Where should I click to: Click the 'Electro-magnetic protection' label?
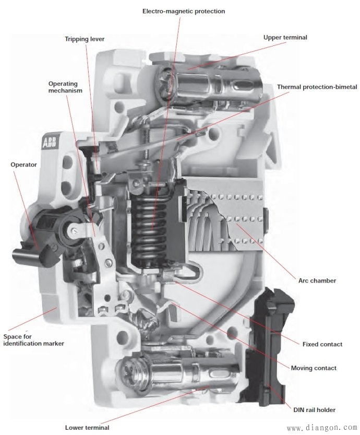tap(184, 11)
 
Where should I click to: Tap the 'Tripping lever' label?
tap(85, 39)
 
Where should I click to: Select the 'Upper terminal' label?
tap(285, 38)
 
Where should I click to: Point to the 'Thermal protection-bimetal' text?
tap(317, 87)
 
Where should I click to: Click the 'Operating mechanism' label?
tap(65, 87)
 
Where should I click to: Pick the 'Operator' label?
tap(23, 164)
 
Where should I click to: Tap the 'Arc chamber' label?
tap(317, 280)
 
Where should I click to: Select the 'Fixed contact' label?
tap(322, 344)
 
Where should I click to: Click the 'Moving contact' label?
tap(314, 368)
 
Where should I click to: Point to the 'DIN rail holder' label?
tap(314, 410)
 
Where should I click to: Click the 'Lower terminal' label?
tap(87, 428)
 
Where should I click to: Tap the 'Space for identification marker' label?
tap(33, 340)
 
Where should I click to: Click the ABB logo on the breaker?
tap(49, 143)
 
